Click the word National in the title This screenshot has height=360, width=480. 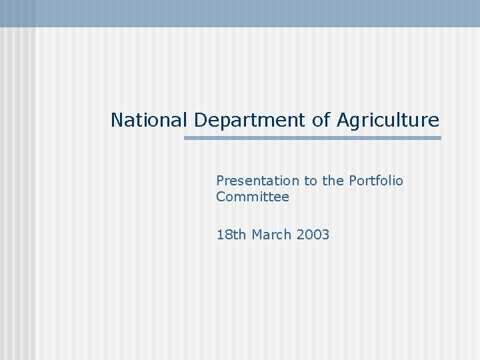coord(149,120)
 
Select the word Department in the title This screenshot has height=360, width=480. coord(251,121)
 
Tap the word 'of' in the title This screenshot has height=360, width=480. coord(321,120)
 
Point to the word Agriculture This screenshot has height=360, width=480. coord(388,121)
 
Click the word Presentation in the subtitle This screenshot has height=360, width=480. coord(258,181)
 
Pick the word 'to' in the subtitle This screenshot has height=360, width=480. coord(311,181)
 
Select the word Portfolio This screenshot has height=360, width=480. coord(376,181)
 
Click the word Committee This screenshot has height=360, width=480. coord(253,197)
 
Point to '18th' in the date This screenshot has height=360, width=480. coord(231,235)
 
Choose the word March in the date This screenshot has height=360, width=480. coord(272,235)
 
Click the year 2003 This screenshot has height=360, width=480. coord(313,235)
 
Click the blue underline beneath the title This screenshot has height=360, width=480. coord(312,138)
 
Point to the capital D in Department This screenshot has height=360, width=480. coord(201,120)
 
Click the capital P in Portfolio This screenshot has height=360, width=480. coord(353,181)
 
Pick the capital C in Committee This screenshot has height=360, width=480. coord(221,197)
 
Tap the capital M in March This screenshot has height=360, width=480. coord(258,235)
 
